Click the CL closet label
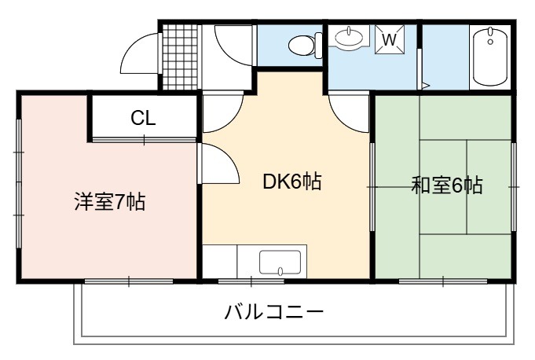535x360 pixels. (x=143, y=118)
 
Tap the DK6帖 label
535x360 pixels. (x=292, y=182)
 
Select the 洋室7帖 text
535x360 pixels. (x=110, y=202)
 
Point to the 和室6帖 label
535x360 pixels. (x=447, y=186)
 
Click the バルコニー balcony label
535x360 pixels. (x=274, y=312)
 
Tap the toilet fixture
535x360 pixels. (x=305, y=45)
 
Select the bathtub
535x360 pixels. (x=491, y=57)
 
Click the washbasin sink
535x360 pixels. (x=349, y=37)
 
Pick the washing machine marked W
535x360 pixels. (x=390, y=39)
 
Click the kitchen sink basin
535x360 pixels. (x=280, y=263)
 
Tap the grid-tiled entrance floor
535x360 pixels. (x=180, y=57)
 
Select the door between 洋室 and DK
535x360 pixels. (x=218, y=163)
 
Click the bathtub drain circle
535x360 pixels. (x=490, y=42)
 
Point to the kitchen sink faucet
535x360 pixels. (x=280, y=271)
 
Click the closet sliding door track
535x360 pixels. (x=144, y=140)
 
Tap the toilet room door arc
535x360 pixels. (x=234, y=45)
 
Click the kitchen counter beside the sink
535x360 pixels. (x=220, y=262)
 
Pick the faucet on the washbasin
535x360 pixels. (x=349, y=31)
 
